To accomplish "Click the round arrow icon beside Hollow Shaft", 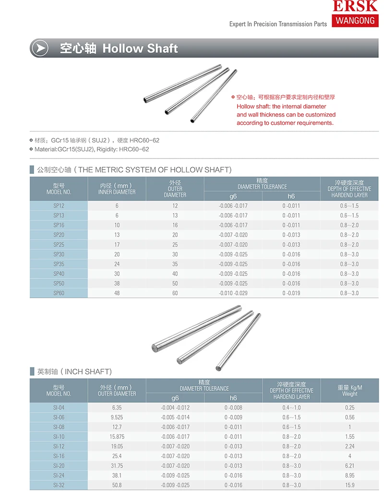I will pyautogui.click(x=39, y=48).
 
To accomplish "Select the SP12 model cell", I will pyautogui.click(x=59, y=206).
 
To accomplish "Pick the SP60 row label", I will pyautogui.click(x=59, y=293).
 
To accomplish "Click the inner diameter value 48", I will pyautogui.click(x=117, y=293).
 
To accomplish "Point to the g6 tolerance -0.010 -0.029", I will pyautogui.click(x=233, y=293).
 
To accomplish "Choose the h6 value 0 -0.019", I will pyautogui.click(x=291, y=293).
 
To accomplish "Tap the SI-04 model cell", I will pyautogui.click(x=59, y=408).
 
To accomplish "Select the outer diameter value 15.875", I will pyautogui.click(x=117, y=436).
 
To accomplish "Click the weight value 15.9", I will pyautogui.click(x=349, y=485).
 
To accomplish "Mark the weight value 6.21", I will pyautogui.click(x=349, y=466).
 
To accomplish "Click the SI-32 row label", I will pyautogui.click(x=59, y=485).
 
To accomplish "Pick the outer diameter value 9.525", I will pyautogui.click(x=117, y=417).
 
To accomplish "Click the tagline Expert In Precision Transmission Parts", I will pyautogui.click(x=278, y=24).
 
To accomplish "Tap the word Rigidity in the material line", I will pyautogui.click(x=107, y=149).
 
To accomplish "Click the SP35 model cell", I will pyautogui.click(x=59, y=264).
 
